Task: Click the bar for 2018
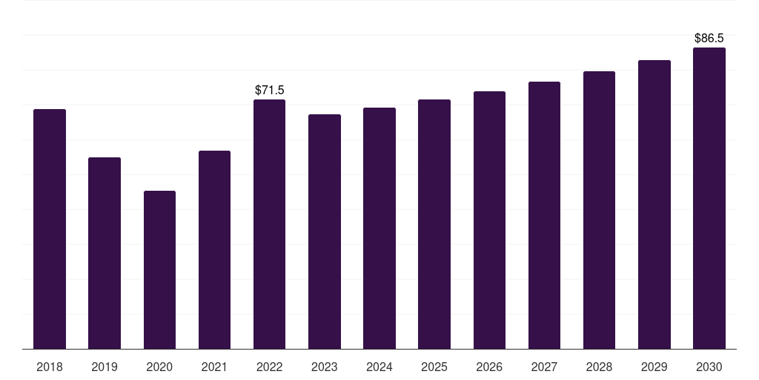click(50, 229)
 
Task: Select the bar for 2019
click(105, 253)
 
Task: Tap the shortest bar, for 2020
click(160, 270)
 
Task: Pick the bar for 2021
click(214, 249)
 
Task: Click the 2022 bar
click(270, 224)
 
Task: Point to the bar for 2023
click(325, 232)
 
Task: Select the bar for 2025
click(434, 224)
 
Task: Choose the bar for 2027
click(544, 215)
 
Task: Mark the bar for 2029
click(654, 205)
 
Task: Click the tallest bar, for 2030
click(709, 198)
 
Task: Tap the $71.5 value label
click(270, 90)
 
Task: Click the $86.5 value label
click(709, 39)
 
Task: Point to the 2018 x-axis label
click(50, 367)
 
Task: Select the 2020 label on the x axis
click(159, 367)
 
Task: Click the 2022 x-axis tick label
click(269, 367)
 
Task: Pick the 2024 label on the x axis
click(379, 367)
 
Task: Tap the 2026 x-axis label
click(489, 367)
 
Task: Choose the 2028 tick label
click(599, 367)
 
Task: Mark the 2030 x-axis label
click(709, 367)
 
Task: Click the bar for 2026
click(489, 220)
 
